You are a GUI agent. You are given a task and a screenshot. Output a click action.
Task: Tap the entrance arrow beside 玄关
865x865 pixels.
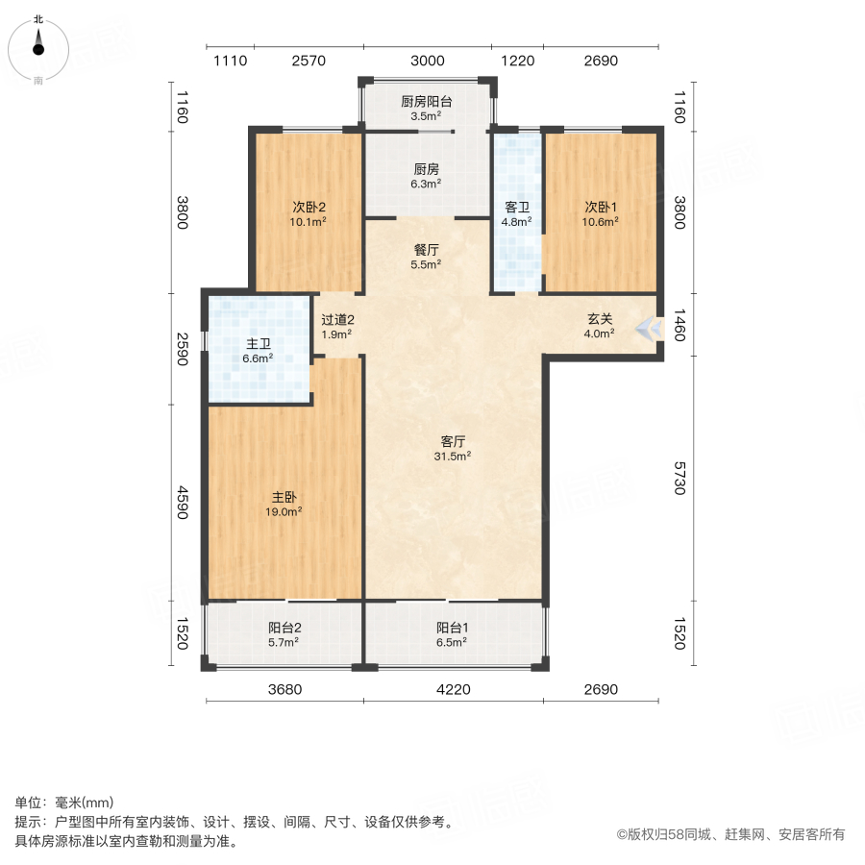[652, 330]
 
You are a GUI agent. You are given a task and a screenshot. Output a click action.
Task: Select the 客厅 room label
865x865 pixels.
[454, 441]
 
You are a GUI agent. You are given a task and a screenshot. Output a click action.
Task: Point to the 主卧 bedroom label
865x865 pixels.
[284, 497]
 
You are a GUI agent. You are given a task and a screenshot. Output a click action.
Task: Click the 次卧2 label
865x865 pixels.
[309, 206]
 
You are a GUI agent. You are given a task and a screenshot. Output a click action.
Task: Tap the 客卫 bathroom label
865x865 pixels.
[518, 206]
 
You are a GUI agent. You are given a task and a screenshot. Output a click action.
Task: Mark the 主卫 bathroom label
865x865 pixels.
[259, 343]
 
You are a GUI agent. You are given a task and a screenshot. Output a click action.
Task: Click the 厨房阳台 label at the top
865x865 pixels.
[427, 102]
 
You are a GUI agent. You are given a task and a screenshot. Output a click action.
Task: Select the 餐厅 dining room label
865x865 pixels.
[427, 249]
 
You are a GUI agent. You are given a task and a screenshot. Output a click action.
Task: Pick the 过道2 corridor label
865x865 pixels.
[338, 320]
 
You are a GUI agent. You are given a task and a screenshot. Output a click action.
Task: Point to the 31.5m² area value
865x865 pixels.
[454, 457]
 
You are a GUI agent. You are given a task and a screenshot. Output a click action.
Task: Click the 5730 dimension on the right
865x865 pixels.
[679, 477]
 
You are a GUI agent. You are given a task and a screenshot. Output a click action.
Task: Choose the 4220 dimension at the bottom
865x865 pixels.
[454, 689]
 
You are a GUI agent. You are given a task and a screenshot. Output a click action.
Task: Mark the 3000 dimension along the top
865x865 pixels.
[428, 62]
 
